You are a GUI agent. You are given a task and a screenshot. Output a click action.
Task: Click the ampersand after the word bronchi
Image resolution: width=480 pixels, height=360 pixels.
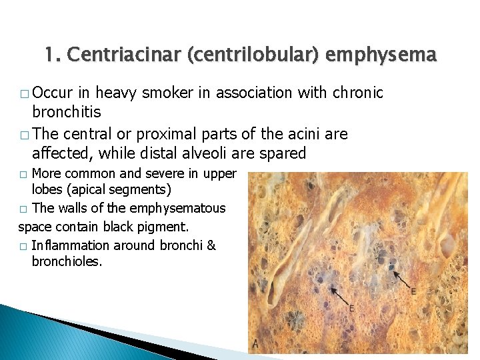point(211,245)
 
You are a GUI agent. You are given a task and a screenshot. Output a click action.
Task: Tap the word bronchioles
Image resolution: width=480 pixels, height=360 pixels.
point(67,262)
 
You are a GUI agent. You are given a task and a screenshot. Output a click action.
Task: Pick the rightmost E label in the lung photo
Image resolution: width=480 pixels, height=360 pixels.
point(413,291)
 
